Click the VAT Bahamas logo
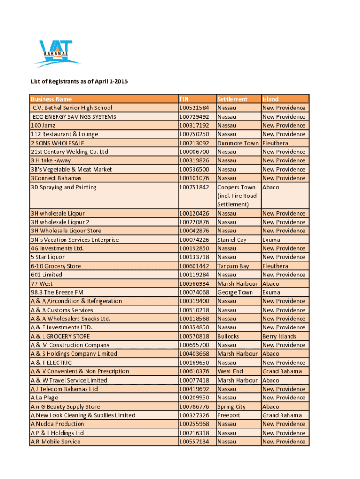(x=55, y=53)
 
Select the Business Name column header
(x=51, y=99)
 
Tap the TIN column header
(x=185, y=99)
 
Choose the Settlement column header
(x=232, y=99)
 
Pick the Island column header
(x=271, y=99)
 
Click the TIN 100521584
(x=194, y=108)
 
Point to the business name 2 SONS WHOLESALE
(x=58, y=143)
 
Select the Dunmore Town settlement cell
(x=238, y=143)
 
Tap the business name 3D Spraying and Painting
(x=64, y=187)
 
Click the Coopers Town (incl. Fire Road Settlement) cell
(x=237, y=196)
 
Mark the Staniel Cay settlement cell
(x=232, y=240)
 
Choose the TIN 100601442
(x=194, y=266)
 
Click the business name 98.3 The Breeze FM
(x=57, y=292)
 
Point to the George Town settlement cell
(x=235, y=292)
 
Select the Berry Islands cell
(x=280, y=336)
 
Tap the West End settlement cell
(x=230, y=371)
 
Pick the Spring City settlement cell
(x=231, y=407)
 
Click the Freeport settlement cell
(x=229, y=415)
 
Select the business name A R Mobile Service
(x=56, y=442)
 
